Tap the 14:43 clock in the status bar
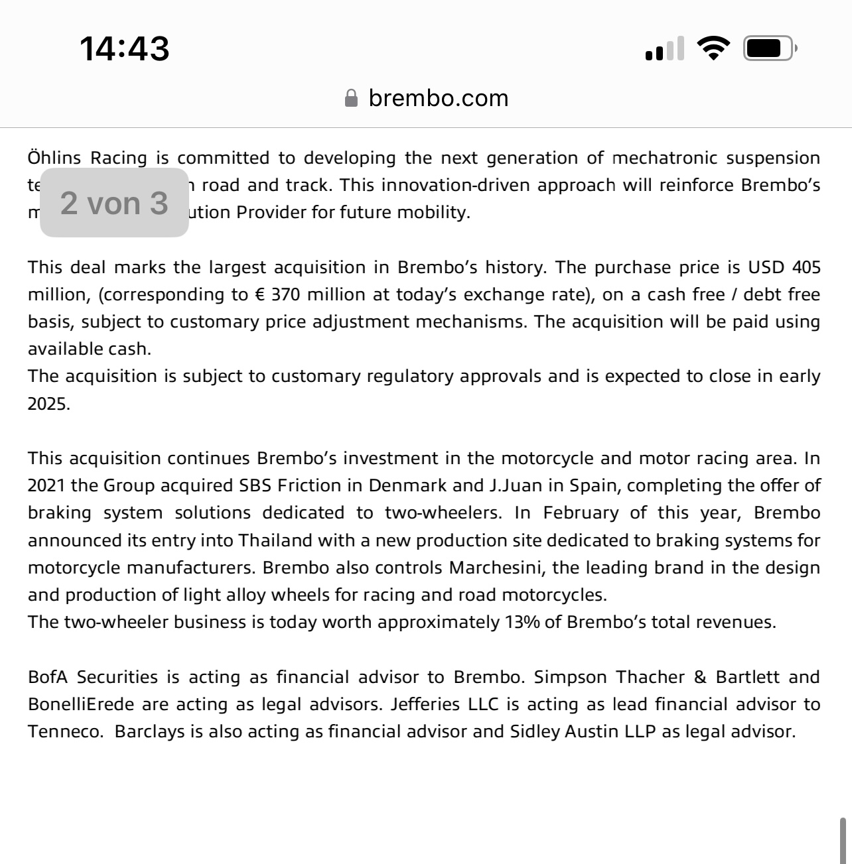tap(125, 49)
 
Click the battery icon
tap(768, 48)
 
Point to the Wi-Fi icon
tap(713, 48)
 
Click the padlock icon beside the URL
tap(351, 99)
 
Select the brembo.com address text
tap(438, 98)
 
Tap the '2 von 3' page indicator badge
tap(114, 203)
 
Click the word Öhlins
tap(54, 158)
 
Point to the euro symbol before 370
tap(259, 295)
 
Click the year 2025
tap(48, 404)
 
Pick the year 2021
tap(46, 485)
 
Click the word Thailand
tap(275, 540)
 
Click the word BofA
tap(48, 677)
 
